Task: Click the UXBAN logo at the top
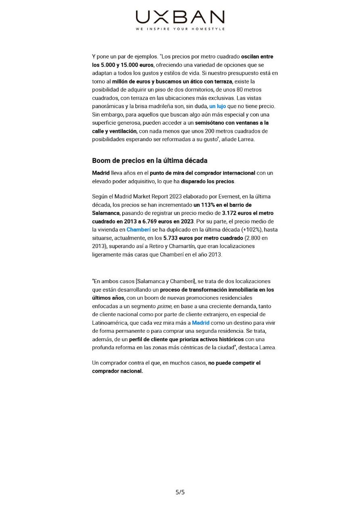[x=180, y=17]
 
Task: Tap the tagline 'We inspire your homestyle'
[x=180, y=29]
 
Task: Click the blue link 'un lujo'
[x=218, y=106]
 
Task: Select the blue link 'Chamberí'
[x=138, y=230]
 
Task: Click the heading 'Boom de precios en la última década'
[x=150, y=161]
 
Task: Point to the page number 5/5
[x=180, y=492]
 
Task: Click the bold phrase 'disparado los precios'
[x=207, y=181]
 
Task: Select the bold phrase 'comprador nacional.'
[x=117, y=371]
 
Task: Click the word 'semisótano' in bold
[x=210, y=123]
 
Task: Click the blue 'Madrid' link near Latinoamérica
[x=201, y=323]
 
